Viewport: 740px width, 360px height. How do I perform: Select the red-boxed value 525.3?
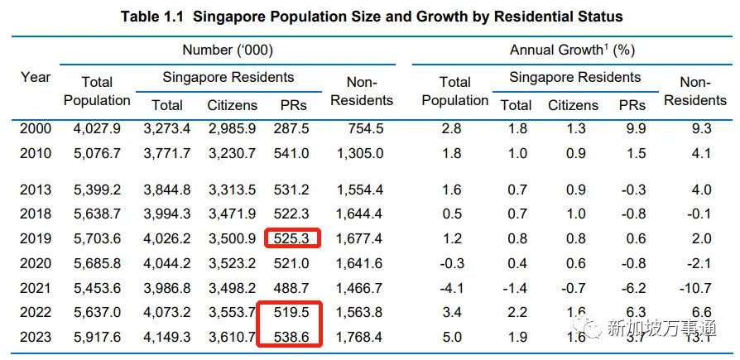tap(288, 239)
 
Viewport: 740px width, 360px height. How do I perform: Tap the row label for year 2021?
tap(36, 287)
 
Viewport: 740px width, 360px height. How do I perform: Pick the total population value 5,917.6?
tap(97, 337)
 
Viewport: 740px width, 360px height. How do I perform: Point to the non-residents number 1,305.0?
tap(360, 154)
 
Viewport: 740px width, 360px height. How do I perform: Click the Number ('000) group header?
tap(228, 50)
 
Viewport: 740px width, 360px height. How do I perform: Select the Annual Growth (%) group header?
tap(572, 50)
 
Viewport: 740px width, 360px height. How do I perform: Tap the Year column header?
tap(36, 78)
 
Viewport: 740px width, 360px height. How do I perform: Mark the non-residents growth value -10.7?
tap(694, 288)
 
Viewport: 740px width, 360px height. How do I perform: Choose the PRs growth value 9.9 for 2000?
tap(632, 129)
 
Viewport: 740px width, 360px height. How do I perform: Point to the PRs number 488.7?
tap(288, 287)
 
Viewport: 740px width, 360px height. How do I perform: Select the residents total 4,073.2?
tap(168, 312)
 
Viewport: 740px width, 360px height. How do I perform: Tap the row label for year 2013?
tap(36, 190)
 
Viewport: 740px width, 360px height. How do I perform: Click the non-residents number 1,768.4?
tap(360, 337)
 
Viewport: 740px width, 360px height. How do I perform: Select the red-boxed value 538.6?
tap(288, 337)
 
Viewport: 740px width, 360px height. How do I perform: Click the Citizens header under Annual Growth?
tap(573, 105)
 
